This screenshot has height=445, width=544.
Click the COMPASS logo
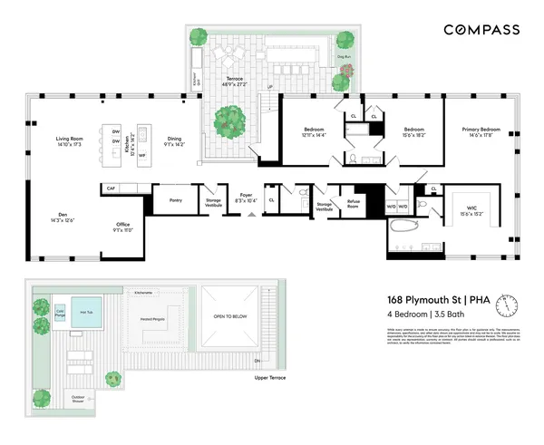(x=481, y=29)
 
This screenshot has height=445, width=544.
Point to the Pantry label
(x=178, y=200)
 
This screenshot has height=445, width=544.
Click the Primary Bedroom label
(x=482, y=131)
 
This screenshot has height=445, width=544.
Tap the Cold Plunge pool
(x=61, y=313)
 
